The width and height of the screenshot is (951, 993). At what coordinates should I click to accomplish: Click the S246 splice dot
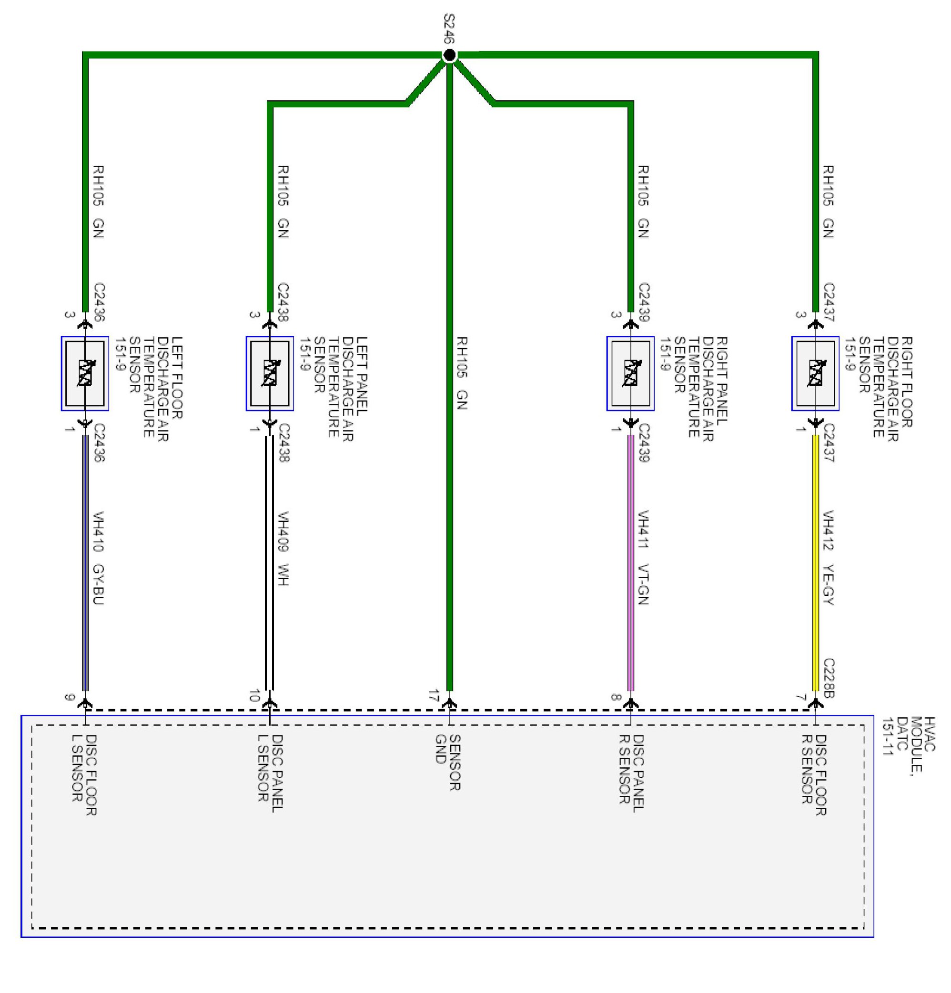coord(449,55)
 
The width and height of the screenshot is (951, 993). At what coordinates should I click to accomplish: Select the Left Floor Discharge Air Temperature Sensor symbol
coord(85,373)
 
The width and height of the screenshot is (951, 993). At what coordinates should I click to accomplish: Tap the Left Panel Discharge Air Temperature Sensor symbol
coord(270,373)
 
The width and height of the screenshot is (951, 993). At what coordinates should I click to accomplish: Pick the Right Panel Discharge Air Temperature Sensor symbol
coord(630,373)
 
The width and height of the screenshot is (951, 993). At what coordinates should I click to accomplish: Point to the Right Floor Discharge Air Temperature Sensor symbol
coord(815,373)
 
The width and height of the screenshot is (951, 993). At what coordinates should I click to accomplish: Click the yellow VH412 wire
coord(816,562)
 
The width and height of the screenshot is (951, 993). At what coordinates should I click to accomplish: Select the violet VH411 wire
coord(631,562)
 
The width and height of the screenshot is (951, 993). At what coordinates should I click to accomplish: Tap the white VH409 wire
coord(270,562)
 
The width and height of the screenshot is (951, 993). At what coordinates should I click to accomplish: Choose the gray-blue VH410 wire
coord(85,562)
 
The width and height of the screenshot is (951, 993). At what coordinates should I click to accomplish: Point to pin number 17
coord(433,695)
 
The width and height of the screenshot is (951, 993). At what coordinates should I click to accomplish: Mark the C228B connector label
coord(829,678)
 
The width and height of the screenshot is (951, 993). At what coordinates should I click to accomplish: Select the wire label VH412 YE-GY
coord(828,557)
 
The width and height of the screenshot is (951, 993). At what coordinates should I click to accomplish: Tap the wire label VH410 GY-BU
coord(98,558)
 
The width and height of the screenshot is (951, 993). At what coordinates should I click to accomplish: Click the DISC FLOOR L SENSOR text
coord(84,775)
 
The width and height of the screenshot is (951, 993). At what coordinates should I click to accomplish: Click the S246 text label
coord(449,29)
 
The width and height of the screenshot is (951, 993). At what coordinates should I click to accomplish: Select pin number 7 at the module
coord(800,697)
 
